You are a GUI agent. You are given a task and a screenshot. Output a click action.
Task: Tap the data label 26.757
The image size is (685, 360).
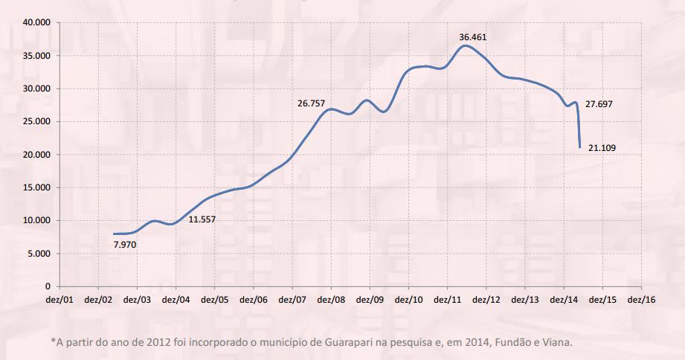[312, 103]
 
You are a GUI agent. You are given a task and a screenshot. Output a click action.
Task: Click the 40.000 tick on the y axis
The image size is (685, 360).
[36, 23]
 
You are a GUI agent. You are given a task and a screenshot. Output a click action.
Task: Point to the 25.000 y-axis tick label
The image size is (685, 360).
[36, 122]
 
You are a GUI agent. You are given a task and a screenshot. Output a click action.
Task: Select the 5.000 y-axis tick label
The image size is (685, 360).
[39, 254]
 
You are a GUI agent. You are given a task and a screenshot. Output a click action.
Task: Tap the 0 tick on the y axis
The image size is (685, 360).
[47, 286]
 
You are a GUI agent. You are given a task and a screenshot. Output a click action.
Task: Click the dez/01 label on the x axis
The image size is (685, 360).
[60, 300]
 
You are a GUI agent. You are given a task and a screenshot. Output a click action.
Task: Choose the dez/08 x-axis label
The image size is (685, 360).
[331, 300]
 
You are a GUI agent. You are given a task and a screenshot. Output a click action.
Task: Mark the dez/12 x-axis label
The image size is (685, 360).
[486, 300]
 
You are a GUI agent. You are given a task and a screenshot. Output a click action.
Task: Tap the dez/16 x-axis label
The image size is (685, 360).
[640, 300]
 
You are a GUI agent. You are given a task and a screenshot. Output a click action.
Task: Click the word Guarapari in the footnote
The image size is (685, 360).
[354, 342]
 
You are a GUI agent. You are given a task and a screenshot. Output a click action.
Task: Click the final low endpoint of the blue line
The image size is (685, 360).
[579, 147]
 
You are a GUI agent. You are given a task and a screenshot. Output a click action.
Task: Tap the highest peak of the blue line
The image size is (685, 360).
[465, 45]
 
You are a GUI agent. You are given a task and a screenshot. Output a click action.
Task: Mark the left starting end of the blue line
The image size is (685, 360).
[114, 234]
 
